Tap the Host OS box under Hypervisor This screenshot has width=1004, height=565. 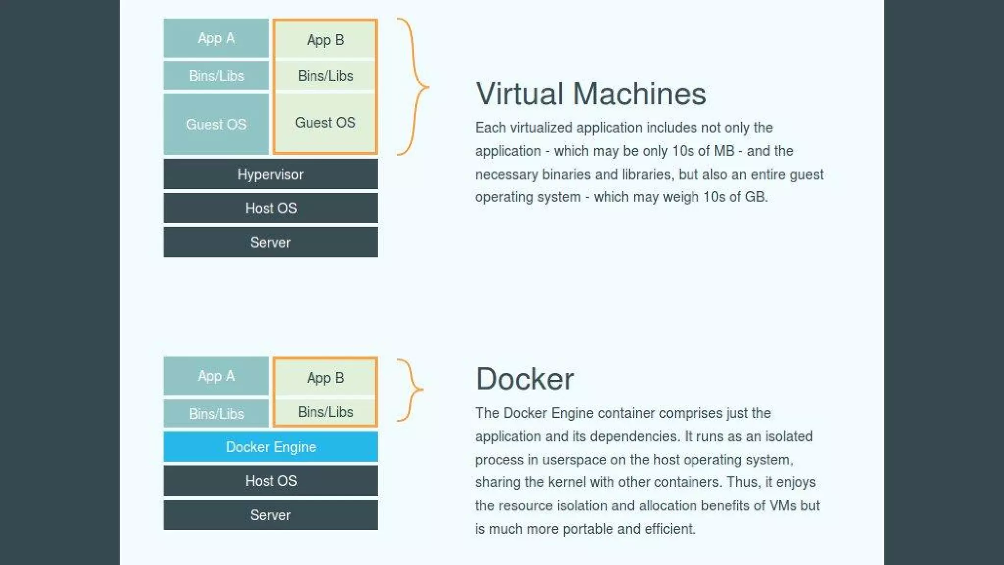(271, 208)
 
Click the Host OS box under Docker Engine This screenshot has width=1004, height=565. (271, 481)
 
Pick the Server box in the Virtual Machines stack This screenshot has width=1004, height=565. (271, 242)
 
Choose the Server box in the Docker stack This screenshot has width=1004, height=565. (271, 515)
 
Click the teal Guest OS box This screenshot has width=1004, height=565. (216, 124)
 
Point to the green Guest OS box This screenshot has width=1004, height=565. (325, 123)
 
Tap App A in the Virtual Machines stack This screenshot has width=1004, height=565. (216, 38)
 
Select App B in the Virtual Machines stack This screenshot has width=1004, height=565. (325, 40)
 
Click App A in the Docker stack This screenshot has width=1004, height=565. (216, 376)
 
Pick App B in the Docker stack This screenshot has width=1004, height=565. (325, 378)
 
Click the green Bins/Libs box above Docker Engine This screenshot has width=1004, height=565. (325, 412)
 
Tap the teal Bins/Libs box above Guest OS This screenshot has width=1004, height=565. (216, 76)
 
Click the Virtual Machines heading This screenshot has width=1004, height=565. (591, 94)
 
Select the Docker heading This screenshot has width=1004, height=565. (525, 379)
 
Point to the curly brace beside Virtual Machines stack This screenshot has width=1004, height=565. (415, 87)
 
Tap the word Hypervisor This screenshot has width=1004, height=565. (271, 174)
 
